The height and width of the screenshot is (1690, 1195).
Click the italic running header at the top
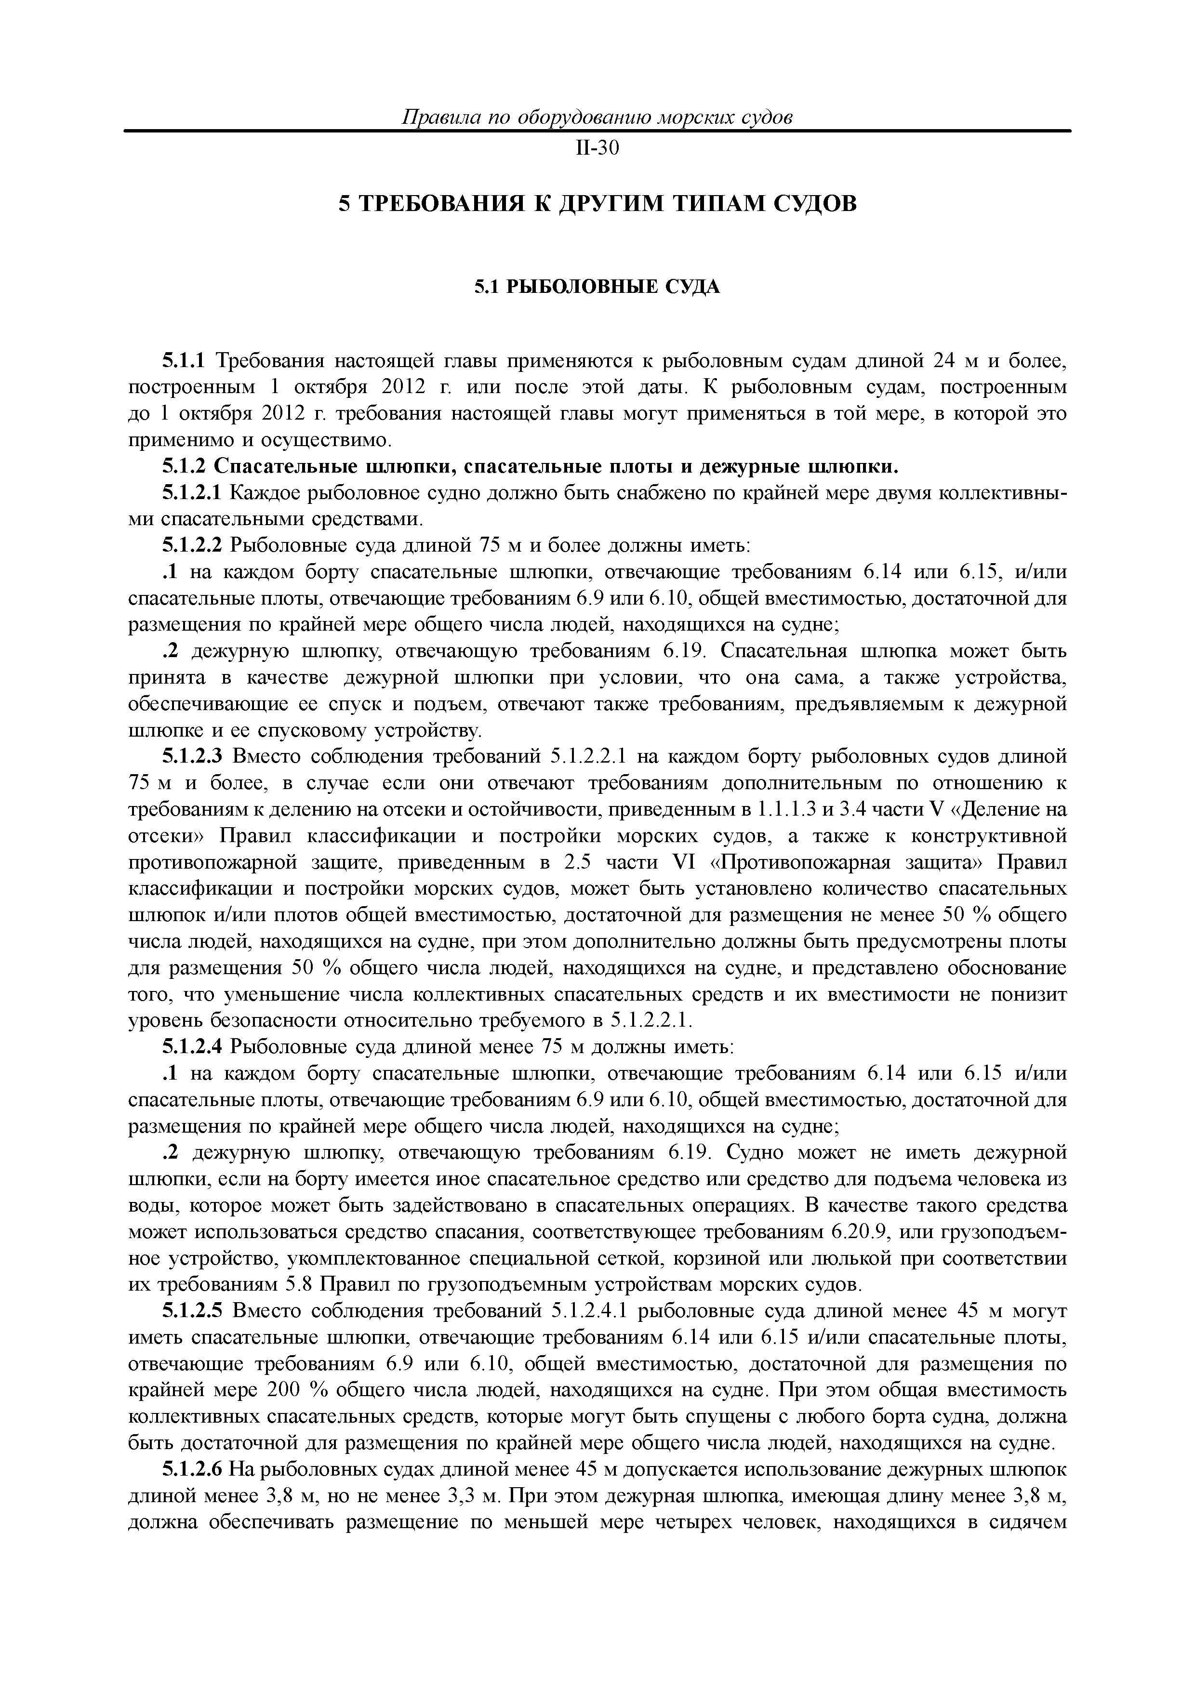click(x=597, y=118)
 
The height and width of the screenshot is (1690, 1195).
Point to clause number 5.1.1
click(x=186, y=361)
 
